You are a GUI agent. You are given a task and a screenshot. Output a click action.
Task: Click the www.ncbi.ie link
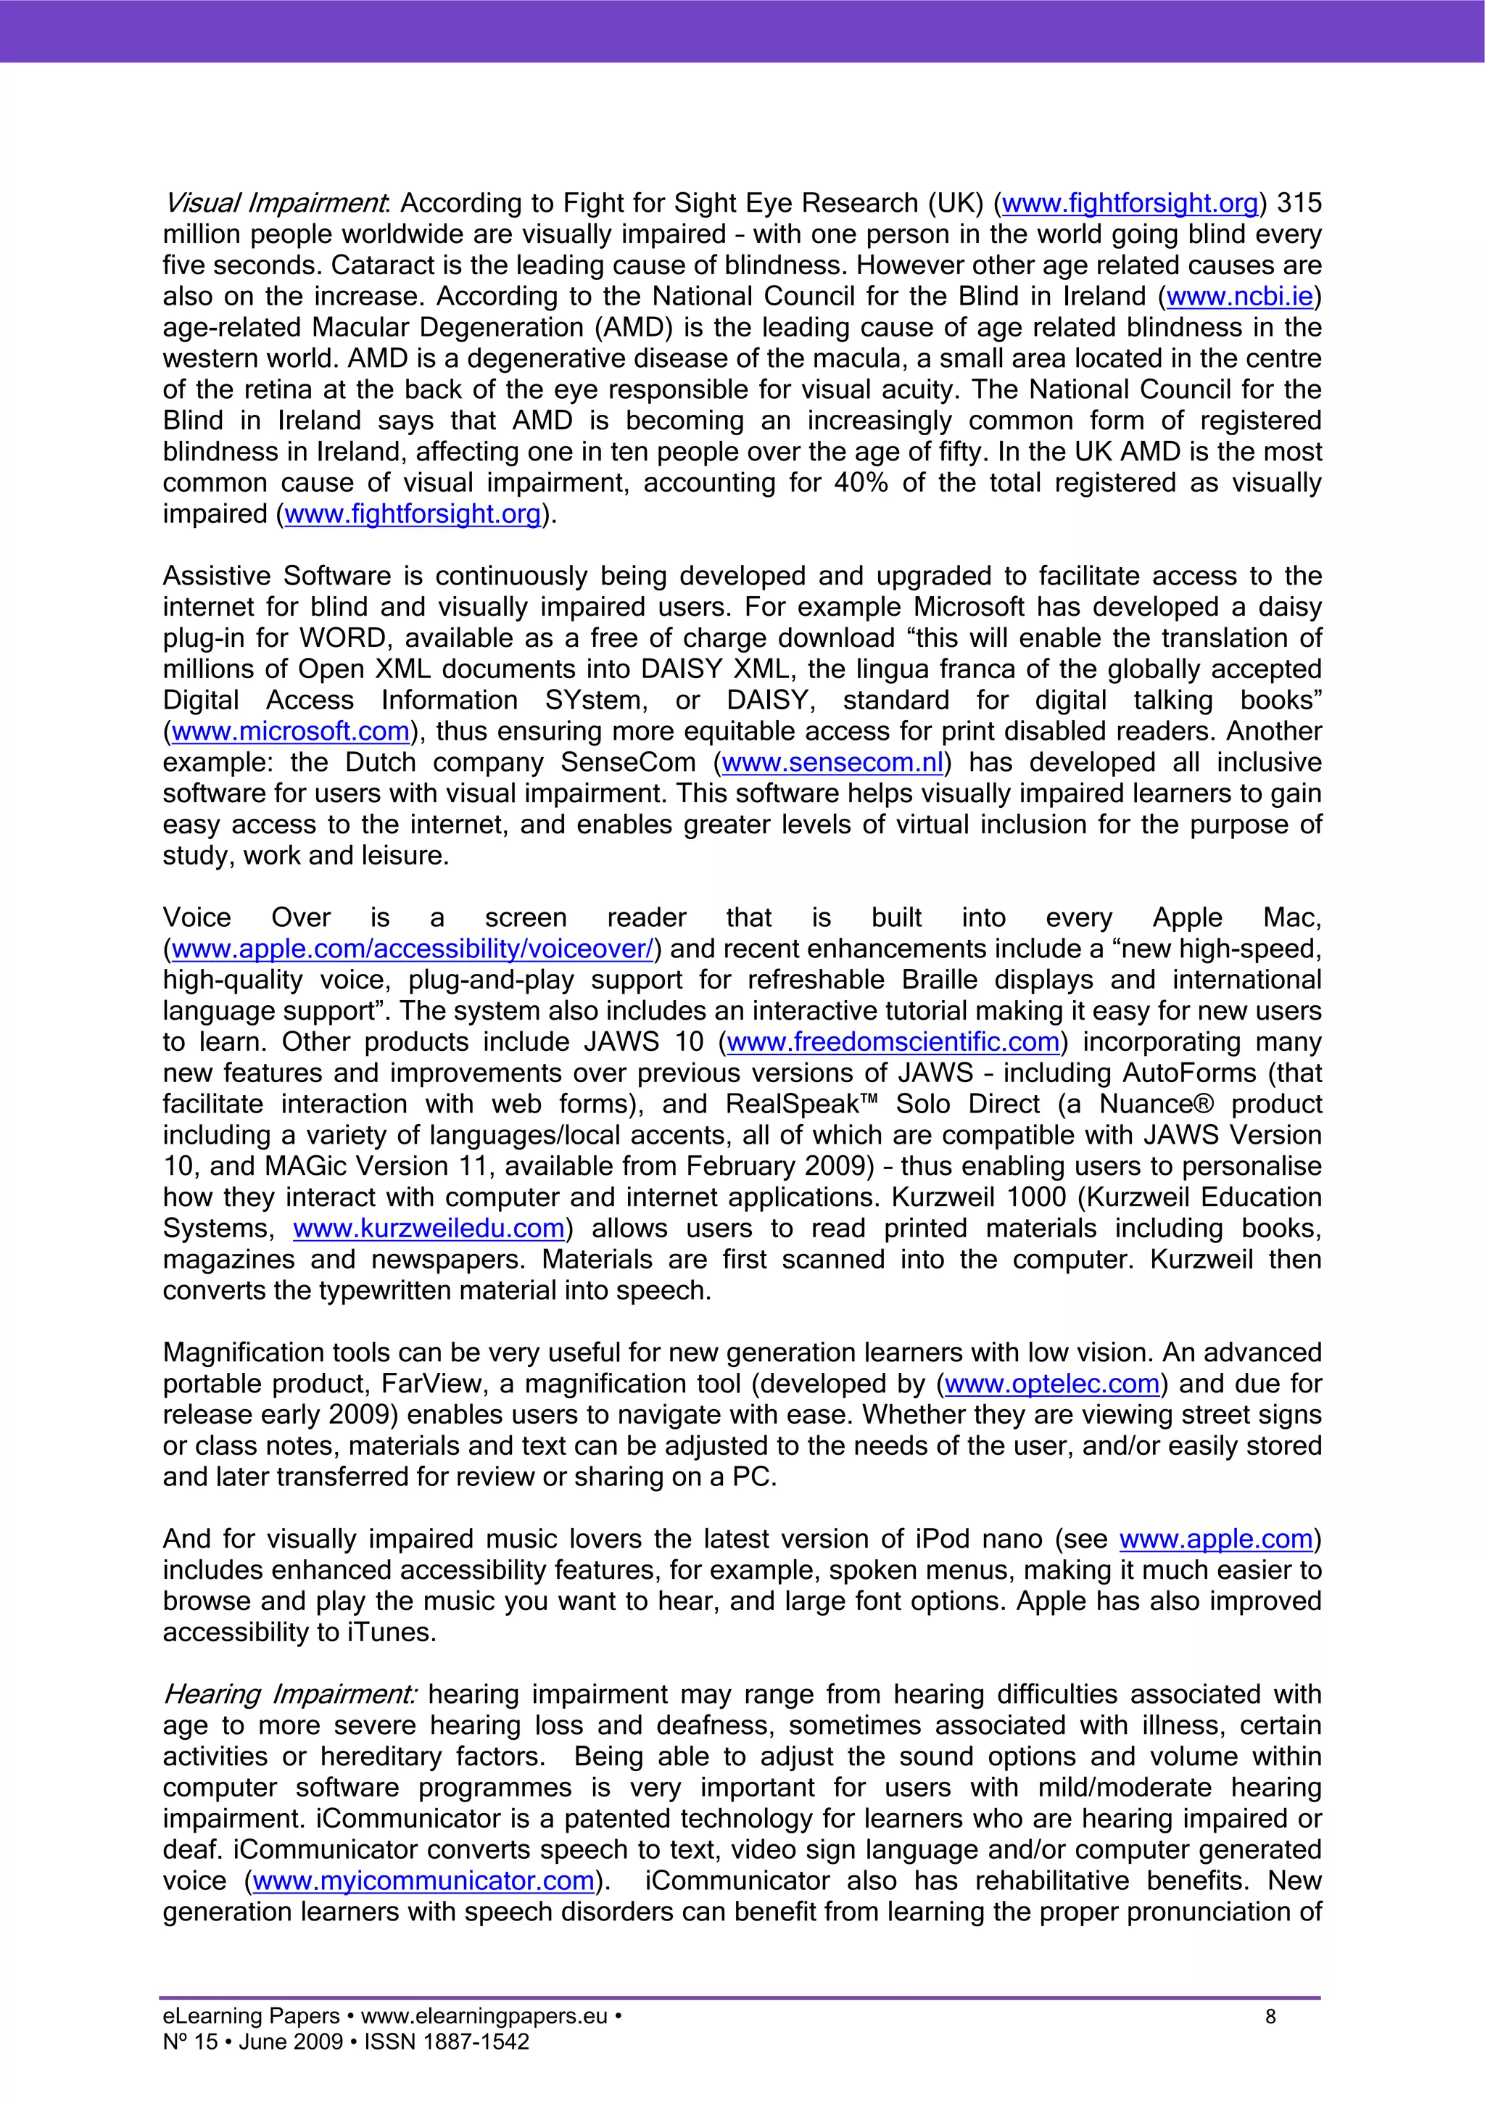point(1239,297)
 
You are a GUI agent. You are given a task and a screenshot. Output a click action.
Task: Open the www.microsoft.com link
point(290,732)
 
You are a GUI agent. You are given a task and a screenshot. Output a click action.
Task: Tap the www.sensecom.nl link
point(832,763)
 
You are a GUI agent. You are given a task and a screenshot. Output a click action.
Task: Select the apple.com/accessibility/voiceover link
point(413,950)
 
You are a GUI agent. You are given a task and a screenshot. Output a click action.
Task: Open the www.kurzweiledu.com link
point(429,1229)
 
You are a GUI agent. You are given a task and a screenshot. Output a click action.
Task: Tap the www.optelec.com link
point(1052,1384)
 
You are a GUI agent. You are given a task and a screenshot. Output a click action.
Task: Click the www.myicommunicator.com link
point(423,1881)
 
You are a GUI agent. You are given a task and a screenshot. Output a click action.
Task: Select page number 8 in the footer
point(1270,2017)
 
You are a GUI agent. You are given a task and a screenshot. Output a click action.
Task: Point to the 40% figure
point(860,483)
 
